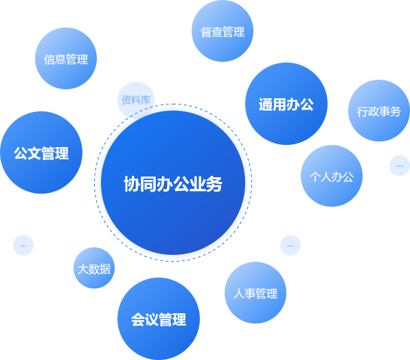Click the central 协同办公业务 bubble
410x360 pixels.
pos(173,183)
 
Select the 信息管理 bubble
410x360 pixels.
pos(66,58)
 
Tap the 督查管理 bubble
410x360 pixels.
pos(223,31)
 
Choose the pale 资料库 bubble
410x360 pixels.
pos(136,100)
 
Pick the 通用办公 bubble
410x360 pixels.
pos(286,104)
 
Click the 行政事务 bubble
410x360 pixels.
pos(379,111)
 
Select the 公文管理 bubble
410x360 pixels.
pos(41,153)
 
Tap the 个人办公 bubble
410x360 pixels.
pos(332,176)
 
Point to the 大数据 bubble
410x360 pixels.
pos(94,268)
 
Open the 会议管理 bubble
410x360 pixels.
pos(159,319)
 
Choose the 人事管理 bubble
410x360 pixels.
pos(255,293)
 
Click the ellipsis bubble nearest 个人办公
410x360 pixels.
pos(400,166)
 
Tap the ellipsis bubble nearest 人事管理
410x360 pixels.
pos(291,245)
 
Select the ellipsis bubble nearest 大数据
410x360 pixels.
pos(23,245)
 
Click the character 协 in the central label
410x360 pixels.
pos(132,184)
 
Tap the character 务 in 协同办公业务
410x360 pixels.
pos(214,184)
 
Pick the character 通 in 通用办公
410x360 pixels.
pos(266,104)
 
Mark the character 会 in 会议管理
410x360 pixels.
pos(138,319)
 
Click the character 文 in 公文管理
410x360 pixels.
pos(34,153)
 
